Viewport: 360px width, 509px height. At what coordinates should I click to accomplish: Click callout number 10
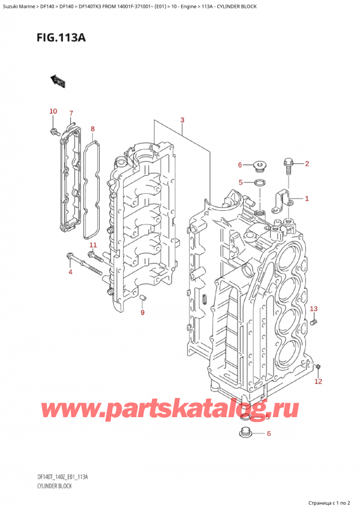pos(53,111)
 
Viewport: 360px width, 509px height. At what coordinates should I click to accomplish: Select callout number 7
pos(71,113)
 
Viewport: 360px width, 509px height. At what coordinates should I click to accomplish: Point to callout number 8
pos(92,128)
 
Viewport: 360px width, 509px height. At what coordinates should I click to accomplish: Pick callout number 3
pos(182,121)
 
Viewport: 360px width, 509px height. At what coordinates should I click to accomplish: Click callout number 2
pos(307,164)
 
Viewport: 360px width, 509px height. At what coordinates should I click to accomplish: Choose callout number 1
pos(307,199)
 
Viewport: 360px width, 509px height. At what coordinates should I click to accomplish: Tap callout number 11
pos(93,245)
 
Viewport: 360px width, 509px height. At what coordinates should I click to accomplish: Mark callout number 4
pos(70,273)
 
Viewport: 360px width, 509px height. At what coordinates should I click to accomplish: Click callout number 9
pos(142,312)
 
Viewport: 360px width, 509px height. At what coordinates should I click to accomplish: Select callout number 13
pos(313,309)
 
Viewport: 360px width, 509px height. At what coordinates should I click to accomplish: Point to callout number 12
pos(319,381)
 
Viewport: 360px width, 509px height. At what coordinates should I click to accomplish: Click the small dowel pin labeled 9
pos(142,298)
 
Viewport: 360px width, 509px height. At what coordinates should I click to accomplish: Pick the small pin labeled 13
pos(314,324)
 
